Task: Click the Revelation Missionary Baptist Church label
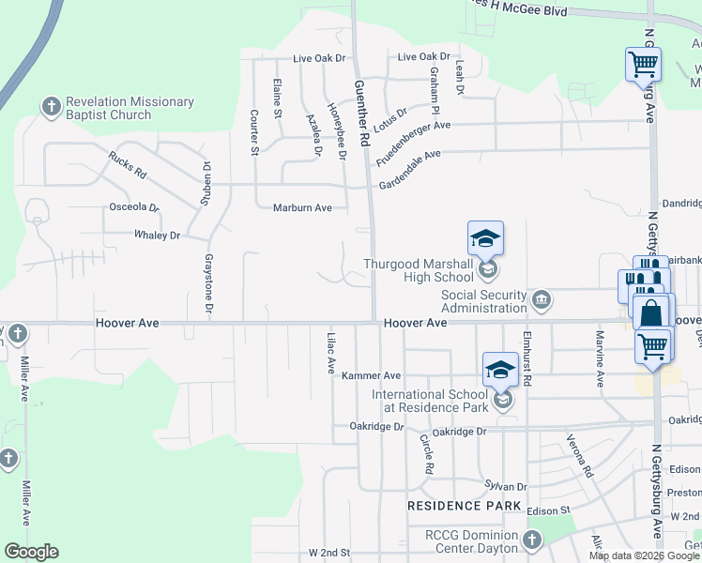(108, 109)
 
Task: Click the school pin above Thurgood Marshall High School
(486, 238)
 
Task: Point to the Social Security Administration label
(484, 301)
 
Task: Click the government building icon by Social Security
(542, 300)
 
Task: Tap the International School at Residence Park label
(431, 402)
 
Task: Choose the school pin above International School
(501, 369)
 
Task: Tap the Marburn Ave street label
(302, 207)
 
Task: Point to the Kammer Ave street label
(371, 375)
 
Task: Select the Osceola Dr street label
(135, 206)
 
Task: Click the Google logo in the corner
(31, 552)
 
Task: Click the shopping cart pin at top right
(644, 64)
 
